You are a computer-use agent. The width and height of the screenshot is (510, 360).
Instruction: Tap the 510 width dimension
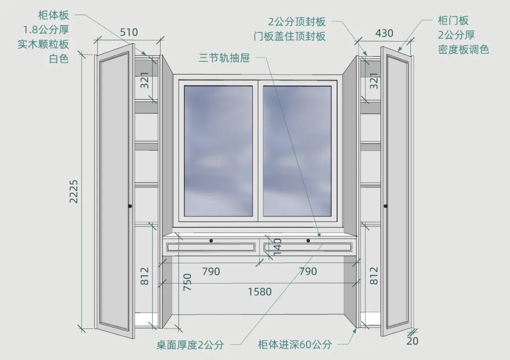[128, 32]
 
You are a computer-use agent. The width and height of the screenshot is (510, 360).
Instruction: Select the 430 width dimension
[384, 33]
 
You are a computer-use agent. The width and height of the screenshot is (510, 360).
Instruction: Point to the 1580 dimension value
[260, 292]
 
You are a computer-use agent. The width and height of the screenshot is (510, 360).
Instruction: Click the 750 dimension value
[187, 282]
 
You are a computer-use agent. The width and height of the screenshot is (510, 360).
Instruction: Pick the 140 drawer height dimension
[278, 246]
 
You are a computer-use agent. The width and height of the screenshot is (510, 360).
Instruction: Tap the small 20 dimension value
[412, 341]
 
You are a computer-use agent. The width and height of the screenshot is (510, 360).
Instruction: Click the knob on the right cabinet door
[385, 206]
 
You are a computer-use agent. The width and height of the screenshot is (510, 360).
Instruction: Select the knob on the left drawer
[211, 241]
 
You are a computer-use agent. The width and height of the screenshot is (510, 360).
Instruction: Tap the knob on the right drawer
[308, 241]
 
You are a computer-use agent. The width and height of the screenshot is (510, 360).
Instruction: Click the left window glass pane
[218, 151]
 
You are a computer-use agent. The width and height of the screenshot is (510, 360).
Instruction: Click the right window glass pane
[297, 151]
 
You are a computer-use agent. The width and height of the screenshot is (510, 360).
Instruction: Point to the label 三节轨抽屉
[224, 59]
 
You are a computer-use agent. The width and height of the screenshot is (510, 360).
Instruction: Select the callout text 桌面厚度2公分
[190, 344]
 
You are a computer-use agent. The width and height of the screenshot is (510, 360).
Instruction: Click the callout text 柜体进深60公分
[295, 344]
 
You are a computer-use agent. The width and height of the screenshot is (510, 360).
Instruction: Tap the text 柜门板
[453, 21]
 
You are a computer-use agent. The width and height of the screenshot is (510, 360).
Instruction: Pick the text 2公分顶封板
[297, 22]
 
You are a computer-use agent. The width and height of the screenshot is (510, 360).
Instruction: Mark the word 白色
[59, 59]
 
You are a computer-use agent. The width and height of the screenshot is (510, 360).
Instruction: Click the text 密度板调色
[463, 49]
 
